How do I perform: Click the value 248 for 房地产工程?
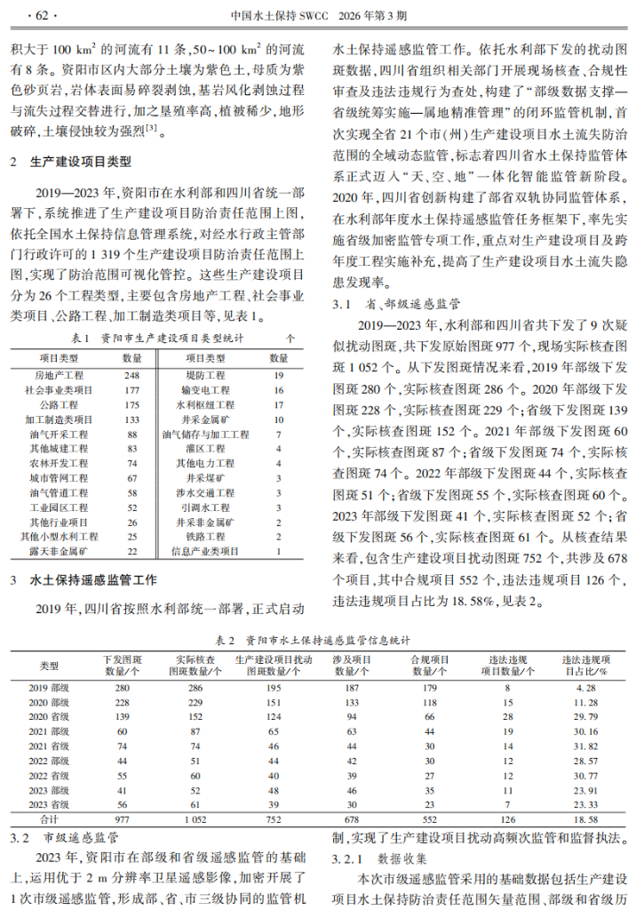pyautogui.click(x=132, y=377)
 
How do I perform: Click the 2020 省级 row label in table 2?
pyautogui.click(x=50, y=716)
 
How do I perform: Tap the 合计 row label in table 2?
pyautogui.click(x=50, y=818)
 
